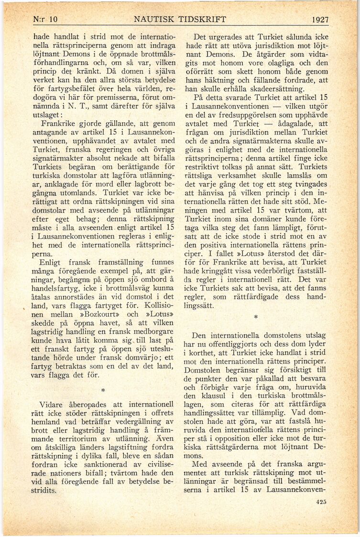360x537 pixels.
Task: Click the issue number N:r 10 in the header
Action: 46,20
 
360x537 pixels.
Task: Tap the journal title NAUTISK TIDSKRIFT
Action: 180,20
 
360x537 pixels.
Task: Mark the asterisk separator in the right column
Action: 256,317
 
